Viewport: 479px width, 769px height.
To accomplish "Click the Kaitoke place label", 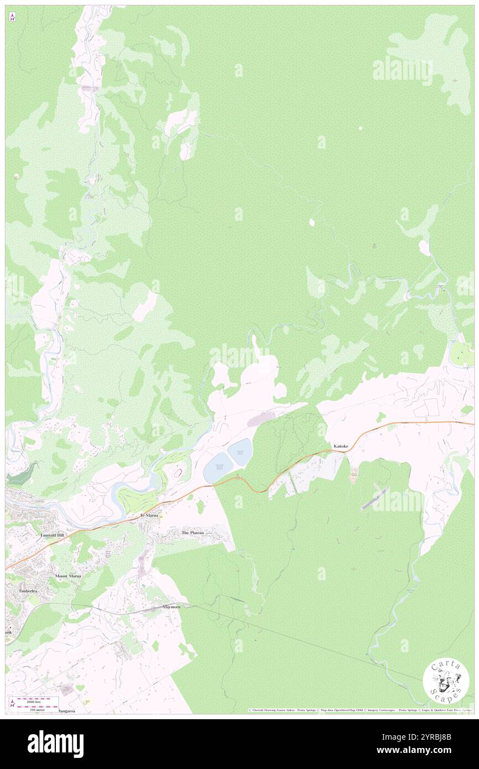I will click(340, 445).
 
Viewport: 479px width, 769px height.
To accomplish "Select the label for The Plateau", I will click(192, 532).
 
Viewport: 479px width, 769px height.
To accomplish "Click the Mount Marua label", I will click(68, 576).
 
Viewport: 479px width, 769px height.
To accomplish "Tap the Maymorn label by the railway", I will click(171, 607).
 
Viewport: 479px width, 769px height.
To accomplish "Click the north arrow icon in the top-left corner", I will click(12, 18).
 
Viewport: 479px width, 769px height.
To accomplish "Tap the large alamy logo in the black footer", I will click(55, 744).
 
